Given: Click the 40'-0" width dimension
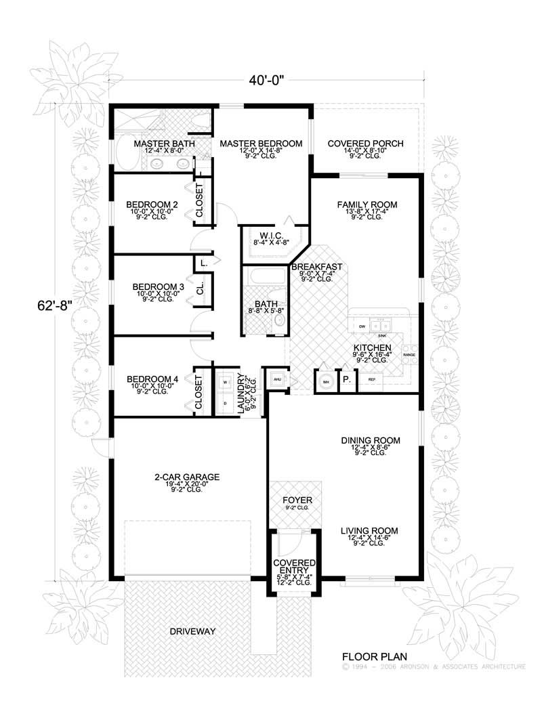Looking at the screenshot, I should [265, 79].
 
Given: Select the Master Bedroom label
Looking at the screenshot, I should [260, 144].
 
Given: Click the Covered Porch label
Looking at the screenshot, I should [365, 144].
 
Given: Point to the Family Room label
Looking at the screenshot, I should [367, 204].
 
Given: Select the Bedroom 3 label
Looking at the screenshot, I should [158, 286].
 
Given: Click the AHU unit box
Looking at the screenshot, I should [276, 379].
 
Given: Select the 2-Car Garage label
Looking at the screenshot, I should [177, 477].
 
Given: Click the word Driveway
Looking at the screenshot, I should [192, 631].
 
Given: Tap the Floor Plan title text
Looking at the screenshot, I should [369, 655].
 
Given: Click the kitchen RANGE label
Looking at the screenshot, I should [409, 354].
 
